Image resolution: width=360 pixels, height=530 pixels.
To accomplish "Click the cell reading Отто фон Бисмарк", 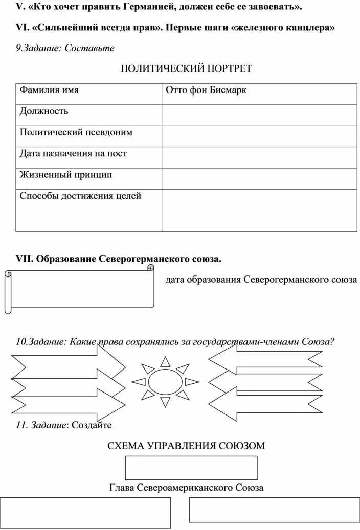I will click(206, 90).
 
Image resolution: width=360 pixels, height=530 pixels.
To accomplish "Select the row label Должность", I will click(44, 111).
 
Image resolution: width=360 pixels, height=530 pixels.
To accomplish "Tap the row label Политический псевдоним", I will click(76, 132).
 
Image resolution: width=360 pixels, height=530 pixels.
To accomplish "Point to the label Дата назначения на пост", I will click(73, 154).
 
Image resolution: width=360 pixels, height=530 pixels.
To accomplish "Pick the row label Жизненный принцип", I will click(65, 175).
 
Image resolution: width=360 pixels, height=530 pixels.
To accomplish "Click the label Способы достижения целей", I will click(80, 196).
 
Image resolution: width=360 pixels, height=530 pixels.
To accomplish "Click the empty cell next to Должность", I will click(259, 115).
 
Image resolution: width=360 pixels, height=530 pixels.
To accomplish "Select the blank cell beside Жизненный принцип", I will click(259, 178).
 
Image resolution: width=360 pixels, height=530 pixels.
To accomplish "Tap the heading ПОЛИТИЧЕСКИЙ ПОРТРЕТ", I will click(186, 68).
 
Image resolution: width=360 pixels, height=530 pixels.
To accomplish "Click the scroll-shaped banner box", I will click(81, 289).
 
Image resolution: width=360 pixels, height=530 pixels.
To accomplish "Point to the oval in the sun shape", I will click(165, 381).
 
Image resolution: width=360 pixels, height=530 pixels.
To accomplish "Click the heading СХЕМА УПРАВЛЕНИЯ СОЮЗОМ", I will click(186, 446).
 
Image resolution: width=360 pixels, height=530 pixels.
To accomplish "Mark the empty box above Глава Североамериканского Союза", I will click(191, 468).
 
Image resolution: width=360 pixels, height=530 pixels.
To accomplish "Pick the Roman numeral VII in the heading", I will click(24, 259).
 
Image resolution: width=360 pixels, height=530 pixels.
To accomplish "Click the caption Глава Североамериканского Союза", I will click(187, 488).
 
